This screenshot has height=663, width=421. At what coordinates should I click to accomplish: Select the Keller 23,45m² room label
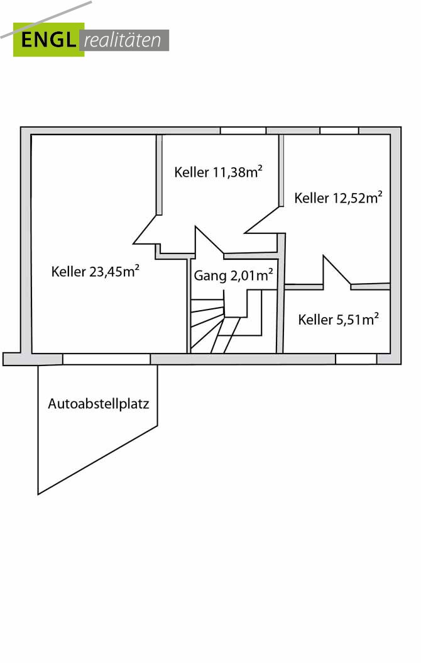pyautogui.click(x=95, y=272)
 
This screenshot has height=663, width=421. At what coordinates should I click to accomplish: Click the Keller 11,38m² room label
pyautogui.click(x=218, y=172)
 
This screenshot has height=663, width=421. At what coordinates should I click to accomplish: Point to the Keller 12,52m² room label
pyautogui.click(x=338, y=198)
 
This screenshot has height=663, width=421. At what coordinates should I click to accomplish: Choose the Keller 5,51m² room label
pyautogui.click(x=338, y=320)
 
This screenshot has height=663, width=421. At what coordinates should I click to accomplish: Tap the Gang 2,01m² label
pyautogui.click(x=232, y=275)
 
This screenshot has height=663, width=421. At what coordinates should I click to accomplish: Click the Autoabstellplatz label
pyautogui.click(x=99, y=404)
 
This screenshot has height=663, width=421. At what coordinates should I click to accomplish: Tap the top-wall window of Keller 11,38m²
pyautogui.click(x=243, y=131)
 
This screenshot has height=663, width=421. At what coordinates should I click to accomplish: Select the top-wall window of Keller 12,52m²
pyautogui.click(x=339, y=131)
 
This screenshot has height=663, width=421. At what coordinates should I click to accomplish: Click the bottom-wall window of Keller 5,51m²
pyautogui.click(x=356, y=359)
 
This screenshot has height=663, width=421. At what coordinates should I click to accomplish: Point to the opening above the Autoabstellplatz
pyautogui.click(x=106, y=359)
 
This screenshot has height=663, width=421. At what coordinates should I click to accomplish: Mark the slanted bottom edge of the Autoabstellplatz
pyautogui.click(x=97, y=460)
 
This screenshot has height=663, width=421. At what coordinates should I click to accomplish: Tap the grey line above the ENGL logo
pyautogui.click(x=47, y=19)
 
